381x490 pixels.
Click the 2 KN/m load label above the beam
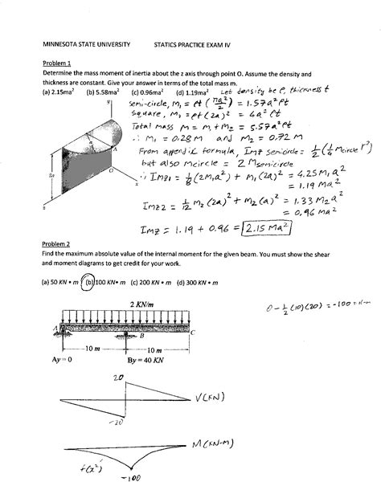(x=136, y=304)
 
